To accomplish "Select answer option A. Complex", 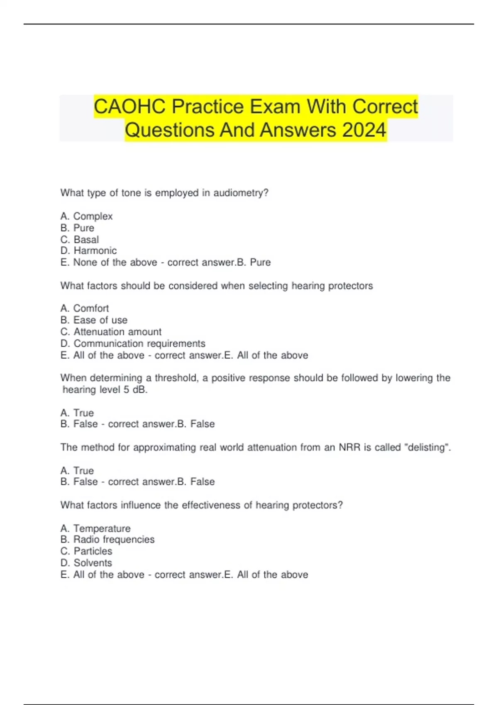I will coord(86,216).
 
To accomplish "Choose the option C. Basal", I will coord(80,239).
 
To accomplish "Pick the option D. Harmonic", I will coord(88,250).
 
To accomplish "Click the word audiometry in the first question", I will coord(241,193).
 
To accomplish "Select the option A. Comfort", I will coord(85,308).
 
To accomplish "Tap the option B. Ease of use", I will coord(94,320).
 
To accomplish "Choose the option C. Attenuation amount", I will coord(111,332).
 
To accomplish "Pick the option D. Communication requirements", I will coord(133,343).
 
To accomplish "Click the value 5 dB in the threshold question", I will coord(135,389).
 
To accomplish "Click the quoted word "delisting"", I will coord(427,447).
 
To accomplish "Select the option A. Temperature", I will coord(95,528).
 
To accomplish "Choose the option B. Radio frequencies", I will coord(107,539).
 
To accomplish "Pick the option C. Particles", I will coord(86,551).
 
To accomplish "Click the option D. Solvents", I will coord(86,563).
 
